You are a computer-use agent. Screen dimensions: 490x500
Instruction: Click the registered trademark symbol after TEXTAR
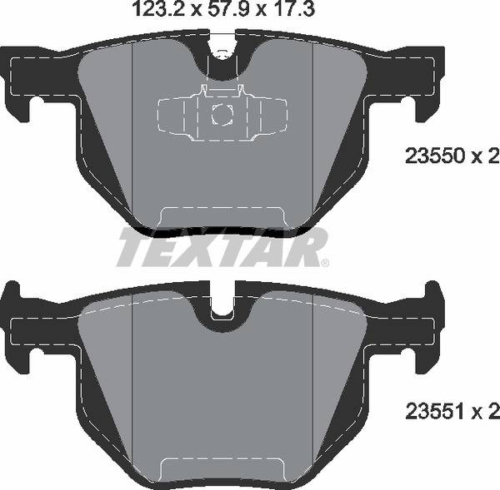[x=324, y=263]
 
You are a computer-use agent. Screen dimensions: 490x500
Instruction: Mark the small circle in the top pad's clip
[x=222, y=116]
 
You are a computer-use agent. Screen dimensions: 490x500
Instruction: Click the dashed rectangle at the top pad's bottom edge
[x=222, y=217]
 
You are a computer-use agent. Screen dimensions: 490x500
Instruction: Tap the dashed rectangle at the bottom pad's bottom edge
[x=222, y=470]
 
